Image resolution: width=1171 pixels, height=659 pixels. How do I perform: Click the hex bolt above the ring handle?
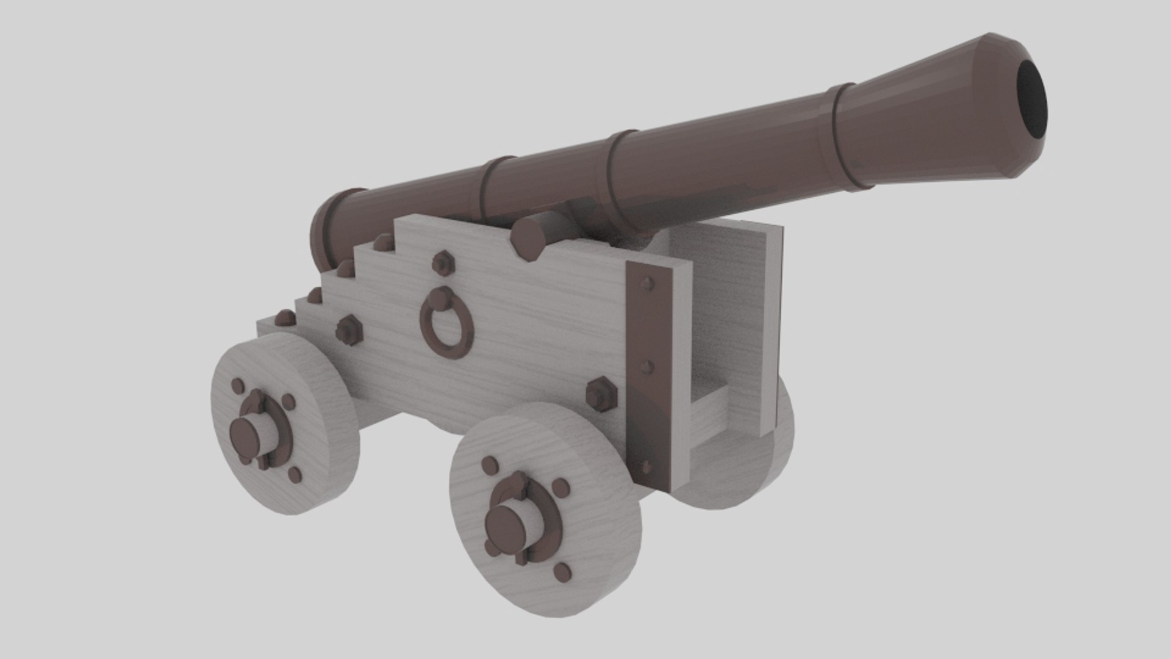443,264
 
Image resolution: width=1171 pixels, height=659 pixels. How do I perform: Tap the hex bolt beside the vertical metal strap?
601,394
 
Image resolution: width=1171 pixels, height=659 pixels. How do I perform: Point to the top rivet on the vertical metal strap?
648,283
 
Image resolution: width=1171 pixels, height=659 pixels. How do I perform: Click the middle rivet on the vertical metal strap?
648,367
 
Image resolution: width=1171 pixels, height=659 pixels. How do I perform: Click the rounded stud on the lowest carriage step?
284,317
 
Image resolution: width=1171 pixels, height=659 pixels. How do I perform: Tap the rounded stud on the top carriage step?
383,242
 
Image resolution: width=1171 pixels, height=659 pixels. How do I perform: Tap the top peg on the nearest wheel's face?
490,465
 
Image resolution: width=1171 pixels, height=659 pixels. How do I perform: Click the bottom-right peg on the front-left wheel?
295,475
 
